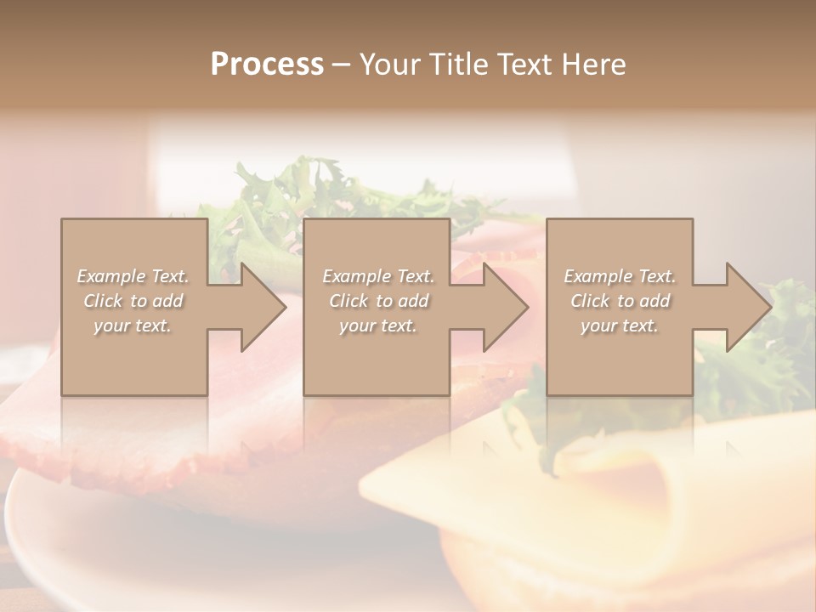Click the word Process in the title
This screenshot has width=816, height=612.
(x=267, y=65)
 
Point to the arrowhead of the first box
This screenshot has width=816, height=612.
(x=260, y=307)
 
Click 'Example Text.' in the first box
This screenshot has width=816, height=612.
(x=133, y=276)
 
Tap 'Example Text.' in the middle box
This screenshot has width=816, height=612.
(x=378, y=276)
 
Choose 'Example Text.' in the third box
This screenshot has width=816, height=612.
(x=620, y=276)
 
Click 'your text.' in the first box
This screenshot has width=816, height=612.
(x=133, y=326)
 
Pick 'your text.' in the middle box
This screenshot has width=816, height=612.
(x=378, y=326)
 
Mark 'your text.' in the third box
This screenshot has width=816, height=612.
(x=620, y=326)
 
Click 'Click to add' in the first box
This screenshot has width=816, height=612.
(x=133, y=301)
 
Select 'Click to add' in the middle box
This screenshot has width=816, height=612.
(x=378, y=301)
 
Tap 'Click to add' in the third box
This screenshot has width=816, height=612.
(x=620, y=301)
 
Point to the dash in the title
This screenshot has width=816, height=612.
(x=342, y=65)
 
